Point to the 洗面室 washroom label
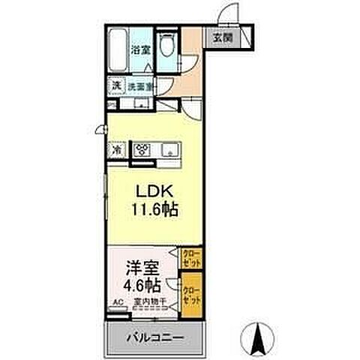click(139, 86)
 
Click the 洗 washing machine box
click(116, 86)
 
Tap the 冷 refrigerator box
click(117, 149)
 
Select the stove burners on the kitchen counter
click(143, 149)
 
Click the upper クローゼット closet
click(192, 259)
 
